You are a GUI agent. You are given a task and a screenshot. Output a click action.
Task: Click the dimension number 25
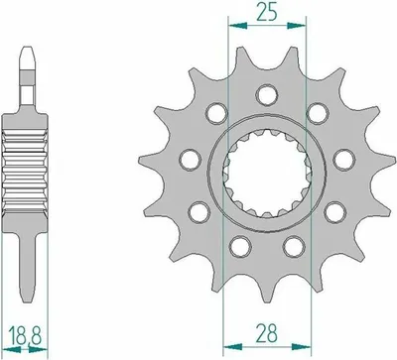point(267,14)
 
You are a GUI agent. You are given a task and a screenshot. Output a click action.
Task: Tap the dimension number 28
point(267,333)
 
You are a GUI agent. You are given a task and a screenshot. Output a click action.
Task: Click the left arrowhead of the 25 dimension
point(237,25)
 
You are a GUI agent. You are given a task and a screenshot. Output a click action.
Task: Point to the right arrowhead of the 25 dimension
point(296,25)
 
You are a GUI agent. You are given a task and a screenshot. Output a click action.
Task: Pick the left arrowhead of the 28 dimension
point(233,347)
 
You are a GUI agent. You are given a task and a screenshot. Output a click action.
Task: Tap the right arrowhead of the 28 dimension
point(302,347)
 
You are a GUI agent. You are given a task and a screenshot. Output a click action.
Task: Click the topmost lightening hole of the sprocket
point(267,94)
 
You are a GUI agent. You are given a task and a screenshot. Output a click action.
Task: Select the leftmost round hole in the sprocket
point(190,160)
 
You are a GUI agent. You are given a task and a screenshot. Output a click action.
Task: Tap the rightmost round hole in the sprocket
point(344,160)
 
